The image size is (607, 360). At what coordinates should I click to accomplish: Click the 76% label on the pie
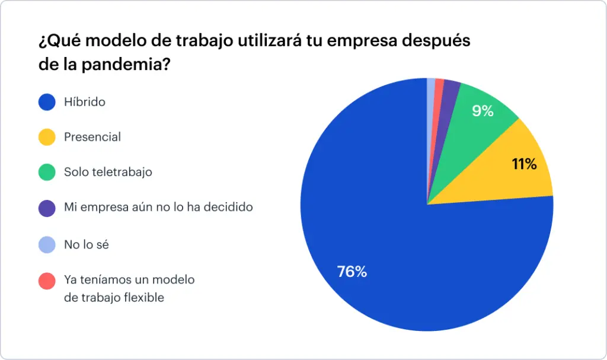coord(352,272)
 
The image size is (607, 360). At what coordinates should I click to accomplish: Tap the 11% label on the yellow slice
coord(524,164)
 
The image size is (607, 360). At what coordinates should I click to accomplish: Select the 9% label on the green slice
coord(483,110)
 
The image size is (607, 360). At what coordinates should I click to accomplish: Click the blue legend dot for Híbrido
coord(47,102)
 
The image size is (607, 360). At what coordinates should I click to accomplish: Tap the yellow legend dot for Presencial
coord(47,137)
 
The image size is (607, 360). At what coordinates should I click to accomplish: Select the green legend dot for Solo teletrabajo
coord(47,173)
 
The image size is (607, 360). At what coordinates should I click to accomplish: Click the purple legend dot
coord(47,208)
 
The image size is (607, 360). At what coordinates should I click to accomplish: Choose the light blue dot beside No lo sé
coord(47,244)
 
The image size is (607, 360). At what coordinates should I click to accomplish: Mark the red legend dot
coord(47,281)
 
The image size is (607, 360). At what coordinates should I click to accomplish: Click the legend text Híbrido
coord(85,102)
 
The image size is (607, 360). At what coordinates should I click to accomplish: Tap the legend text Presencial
coord(92,137)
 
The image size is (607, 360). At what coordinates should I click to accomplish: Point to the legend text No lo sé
coord(87,244)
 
